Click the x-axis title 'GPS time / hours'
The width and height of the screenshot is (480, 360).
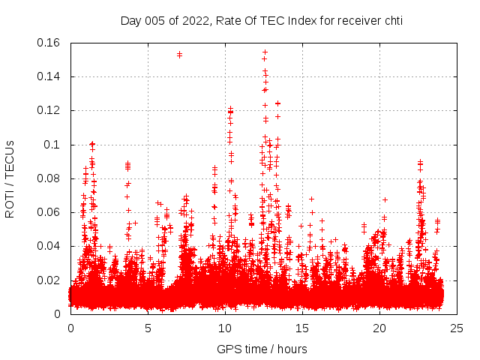pos(262,349)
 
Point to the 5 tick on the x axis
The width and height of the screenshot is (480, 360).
pos(148,328)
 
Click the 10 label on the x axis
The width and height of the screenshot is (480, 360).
pos(225,328)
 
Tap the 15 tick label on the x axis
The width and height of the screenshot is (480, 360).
pos(302,328)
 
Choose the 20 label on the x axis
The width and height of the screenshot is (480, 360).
pos(379,328)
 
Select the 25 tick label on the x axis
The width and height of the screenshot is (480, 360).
pos(457,328)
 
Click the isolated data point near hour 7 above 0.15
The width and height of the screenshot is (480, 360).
pos(179,54)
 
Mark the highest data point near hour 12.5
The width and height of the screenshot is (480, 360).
pos(265,52)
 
